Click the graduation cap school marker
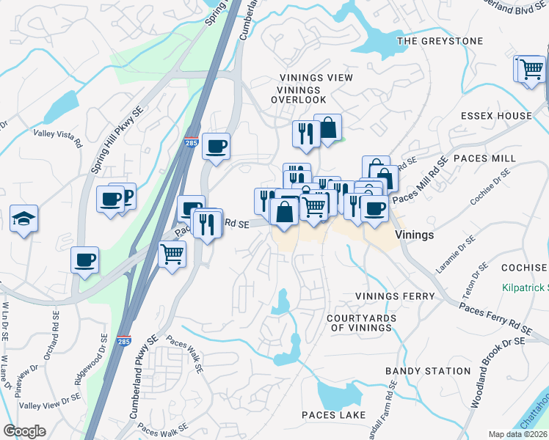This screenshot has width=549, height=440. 23,218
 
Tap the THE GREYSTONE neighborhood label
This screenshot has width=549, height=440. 440,41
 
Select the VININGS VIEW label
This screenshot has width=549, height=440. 316,78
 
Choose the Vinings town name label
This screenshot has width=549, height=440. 415,235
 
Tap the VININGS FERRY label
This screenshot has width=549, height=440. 395,296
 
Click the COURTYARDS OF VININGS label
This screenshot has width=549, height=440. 361,323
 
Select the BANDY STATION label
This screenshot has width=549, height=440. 427,372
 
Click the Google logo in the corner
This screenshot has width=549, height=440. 24,431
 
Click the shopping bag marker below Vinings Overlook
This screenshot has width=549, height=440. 327,128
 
